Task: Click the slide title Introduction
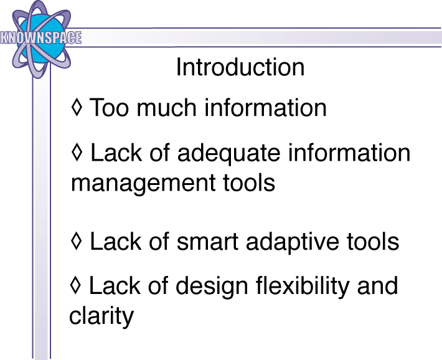coord(240,67)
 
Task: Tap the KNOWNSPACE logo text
coord(41,37)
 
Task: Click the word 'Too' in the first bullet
coord(109,108)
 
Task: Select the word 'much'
coord(166,108)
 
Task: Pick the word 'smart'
coord(208,242)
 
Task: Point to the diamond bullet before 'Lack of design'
coord(75,285)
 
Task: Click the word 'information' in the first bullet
coord(265,108)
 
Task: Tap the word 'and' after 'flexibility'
coord(377,285)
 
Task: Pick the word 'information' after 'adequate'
coord(349,153)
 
